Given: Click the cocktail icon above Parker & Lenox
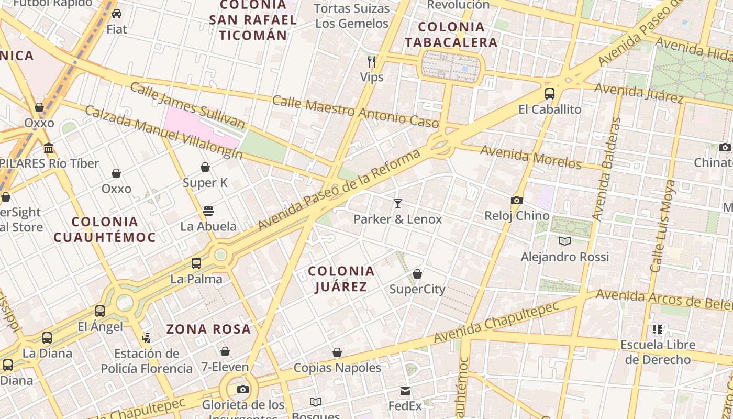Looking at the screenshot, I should click(x=398, y=203).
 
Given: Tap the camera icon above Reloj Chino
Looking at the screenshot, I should click(x=516, y=200).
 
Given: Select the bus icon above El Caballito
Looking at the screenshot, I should click(x=549, y=94).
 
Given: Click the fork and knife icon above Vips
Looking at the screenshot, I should click(x=372, y=61).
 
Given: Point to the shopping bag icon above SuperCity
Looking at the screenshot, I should click(x=417, y=273).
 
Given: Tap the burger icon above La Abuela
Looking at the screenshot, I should click(x=208, y=211).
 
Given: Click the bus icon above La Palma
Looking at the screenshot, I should click(x=196, y=263).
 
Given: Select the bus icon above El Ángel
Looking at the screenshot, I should click(x=100, y=311).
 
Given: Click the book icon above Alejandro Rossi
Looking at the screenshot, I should click(x=564, y=241).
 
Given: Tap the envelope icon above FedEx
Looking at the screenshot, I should click(x=405, y=391).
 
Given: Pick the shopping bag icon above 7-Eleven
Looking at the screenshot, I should click(x=225, y=351).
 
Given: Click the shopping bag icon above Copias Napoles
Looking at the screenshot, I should click(x=337, y=352).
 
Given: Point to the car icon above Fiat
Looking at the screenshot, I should click(x=117, y=14).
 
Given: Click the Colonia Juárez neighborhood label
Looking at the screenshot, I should click(x=341, y=279).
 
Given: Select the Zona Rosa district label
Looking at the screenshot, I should click(x=208, y=329).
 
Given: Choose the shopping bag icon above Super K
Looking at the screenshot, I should click(x=205, y=167).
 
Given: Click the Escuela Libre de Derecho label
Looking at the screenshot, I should click(x=658, y=352).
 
